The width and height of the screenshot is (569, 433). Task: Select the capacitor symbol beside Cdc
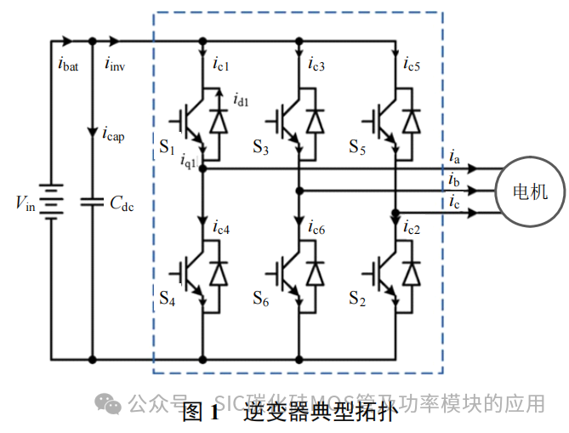[x=92, y=202]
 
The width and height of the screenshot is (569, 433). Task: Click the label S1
[x=167, y=145]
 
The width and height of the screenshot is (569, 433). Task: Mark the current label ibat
[x=68, y=63]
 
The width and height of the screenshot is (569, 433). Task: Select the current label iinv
[x=115, y=63]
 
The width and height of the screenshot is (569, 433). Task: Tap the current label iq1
[x=188, y=159]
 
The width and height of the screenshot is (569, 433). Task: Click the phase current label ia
[x=455, y=157]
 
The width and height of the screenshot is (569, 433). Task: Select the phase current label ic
[x=455, y=202]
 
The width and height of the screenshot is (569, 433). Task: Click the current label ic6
[x=316, y=227]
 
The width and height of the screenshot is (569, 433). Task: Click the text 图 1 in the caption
[x=202, y=414]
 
